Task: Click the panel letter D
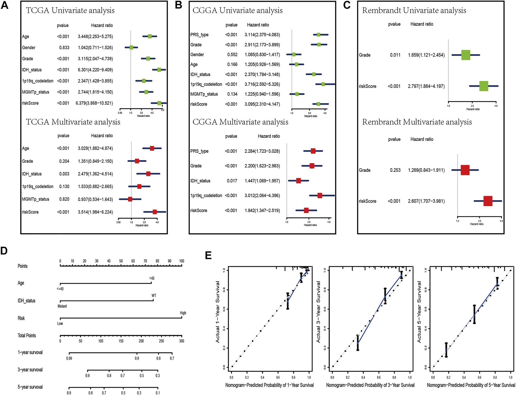coord(4,251)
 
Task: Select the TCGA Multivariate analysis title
coord(73,122)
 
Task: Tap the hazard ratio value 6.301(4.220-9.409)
coord(95,70)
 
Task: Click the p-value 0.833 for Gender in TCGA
coord(64,47)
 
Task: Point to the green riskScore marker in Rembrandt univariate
coord(483,86)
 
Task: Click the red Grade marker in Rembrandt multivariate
coord(465,170)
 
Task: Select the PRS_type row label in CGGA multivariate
coord(199,151)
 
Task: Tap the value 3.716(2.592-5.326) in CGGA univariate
coord(262,84)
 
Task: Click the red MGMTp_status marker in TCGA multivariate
coord(130,199)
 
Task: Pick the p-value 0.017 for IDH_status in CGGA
coord(232,181)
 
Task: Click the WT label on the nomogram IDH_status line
coord(154,296)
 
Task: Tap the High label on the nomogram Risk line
coord(183,313)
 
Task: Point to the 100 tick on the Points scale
coord(182,261)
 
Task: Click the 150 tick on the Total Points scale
coord(121,341)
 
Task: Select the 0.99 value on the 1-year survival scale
coord(69,358)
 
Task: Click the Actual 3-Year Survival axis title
coord(318,312)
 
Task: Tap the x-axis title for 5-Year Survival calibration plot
coord(471,385)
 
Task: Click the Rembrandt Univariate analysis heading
coord(414,10)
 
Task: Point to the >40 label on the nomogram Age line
coord(152,278)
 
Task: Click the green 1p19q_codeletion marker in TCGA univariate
coord(144,81)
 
